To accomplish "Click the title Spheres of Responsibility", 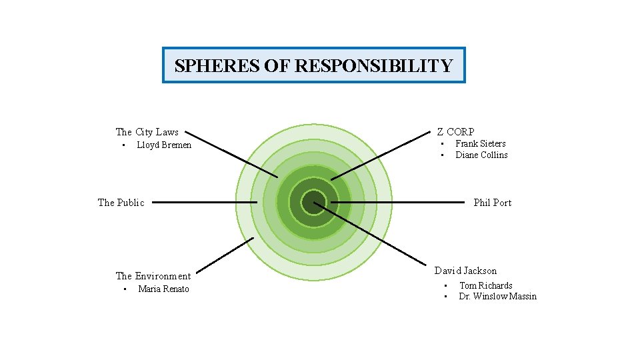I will click(x=313, y=65).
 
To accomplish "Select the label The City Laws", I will click(x=147, y=132).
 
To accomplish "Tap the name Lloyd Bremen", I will click(x=164, y=145).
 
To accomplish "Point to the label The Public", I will click(x=121, y=203).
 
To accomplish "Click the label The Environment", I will click(x=153, y=276).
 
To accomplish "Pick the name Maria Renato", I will click(x=163, y=289).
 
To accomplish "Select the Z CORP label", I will click(x=455, y=132).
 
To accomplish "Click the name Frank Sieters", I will click(x=480, y=144).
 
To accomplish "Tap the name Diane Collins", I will click(x=481, y=155).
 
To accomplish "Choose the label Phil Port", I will click(x=492, y=203).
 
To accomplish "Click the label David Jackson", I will click(x=465, y=271).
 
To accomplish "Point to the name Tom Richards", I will click(x=485, y=286).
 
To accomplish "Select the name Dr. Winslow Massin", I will click(x=497, y=297).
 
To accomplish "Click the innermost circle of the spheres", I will click(x=313, y=202).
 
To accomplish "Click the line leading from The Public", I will click(x=200, y=202).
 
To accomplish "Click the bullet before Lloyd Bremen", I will click(x=123, y=145).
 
